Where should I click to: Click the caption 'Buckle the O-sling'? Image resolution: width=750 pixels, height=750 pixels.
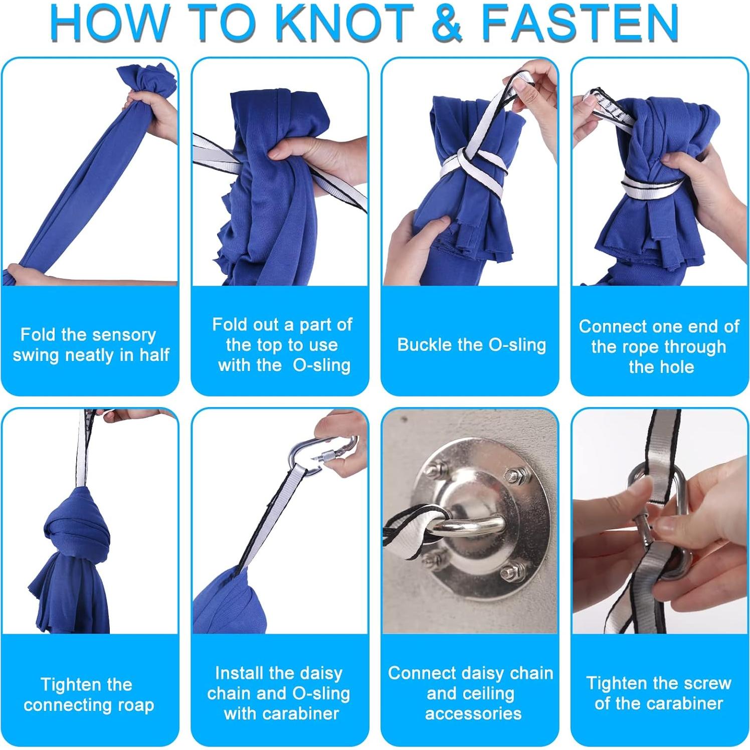pyautogui.click(x=471, y=345)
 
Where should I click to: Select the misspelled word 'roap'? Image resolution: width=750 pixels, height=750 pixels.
pyautogui.click(x=136, y=705)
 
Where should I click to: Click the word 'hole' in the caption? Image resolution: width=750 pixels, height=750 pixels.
pyautogui.click(x=677, y=366)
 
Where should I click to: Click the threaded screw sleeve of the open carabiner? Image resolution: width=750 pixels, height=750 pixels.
pyautogui.click(x=328, y=456)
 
